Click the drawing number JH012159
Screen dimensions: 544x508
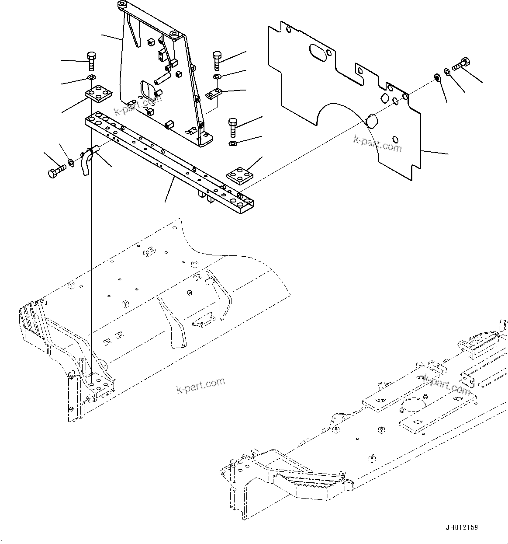462,527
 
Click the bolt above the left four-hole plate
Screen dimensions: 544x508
91,60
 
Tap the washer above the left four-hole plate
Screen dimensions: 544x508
91,78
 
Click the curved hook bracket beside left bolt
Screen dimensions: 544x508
86,161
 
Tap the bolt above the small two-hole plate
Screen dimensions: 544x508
218,60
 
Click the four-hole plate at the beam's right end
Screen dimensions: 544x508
240,175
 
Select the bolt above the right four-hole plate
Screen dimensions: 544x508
232,126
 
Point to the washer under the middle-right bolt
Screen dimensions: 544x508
232,143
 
